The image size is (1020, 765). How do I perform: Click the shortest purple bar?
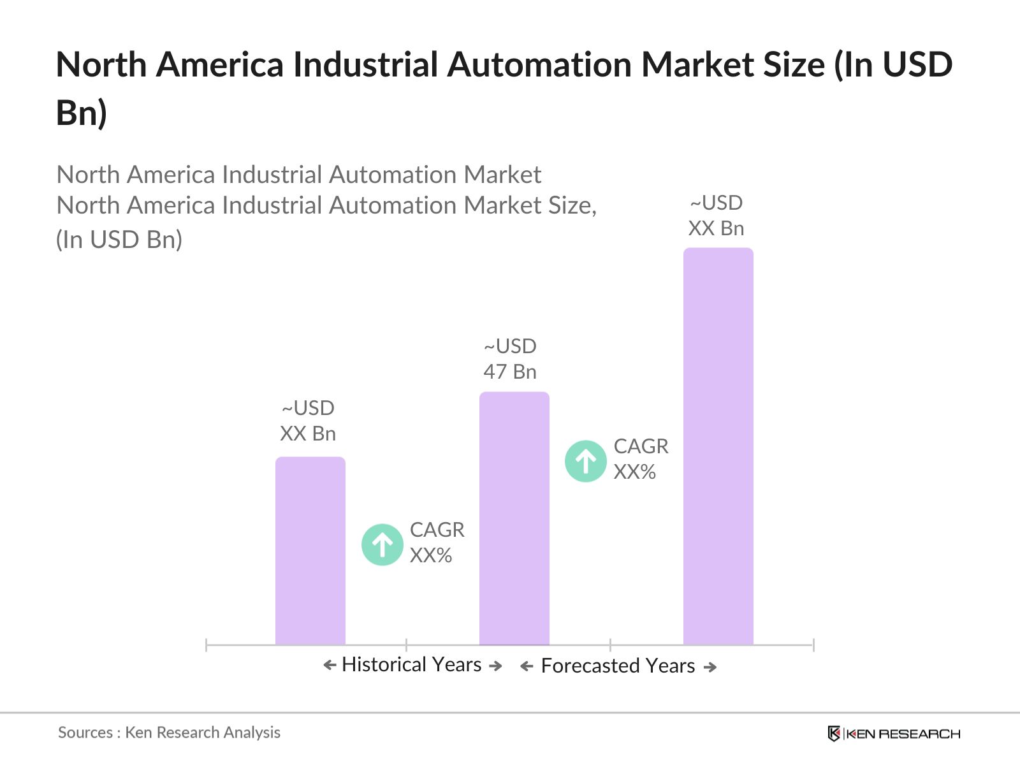(310, 551)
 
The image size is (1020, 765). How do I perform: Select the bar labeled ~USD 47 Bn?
(514, 518)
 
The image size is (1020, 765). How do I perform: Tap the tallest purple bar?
(718, 446)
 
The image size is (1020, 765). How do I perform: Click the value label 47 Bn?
(509, 372)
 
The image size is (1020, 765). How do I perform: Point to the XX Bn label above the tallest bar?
(716, 228)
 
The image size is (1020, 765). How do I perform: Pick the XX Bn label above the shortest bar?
(308, 433)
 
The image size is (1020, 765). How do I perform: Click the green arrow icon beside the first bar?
(382, 544)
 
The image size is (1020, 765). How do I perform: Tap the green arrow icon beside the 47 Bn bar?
(585, 461)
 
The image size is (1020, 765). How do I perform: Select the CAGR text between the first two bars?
(437, 530)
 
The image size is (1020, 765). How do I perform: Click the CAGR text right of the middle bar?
(641, 446)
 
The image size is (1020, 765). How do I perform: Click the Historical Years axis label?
(411, 665)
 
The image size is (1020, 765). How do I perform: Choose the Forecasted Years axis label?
(618, 666)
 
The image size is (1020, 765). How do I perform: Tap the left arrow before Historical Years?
(330, 666)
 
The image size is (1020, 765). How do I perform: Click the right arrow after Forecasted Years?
(710, 667)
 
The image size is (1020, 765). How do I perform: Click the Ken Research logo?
(894, 734)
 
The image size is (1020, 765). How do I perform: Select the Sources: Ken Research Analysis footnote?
(169, 732)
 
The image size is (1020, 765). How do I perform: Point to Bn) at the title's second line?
(81, 113)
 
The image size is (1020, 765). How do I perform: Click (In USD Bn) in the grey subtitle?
(119, 240)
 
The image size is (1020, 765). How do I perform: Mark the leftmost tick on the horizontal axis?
(207, 645)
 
